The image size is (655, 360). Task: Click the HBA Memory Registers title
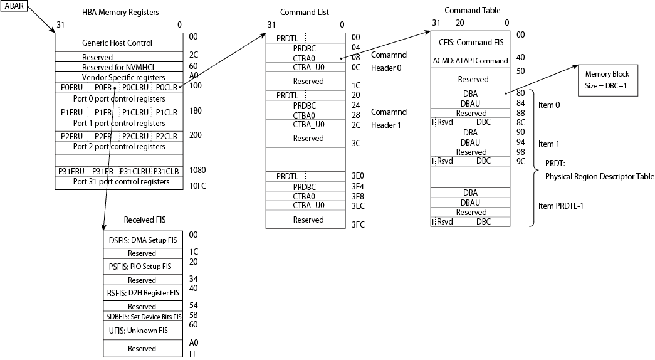[x=120, y=13]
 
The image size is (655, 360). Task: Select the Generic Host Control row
[x=117, y=43]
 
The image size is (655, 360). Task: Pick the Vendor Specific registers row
[x=117, y=77]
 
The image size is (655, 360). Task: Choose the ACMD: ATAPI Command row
[x=470, y=61]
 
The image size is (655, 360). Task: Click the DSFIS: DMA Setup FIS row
[x=142, y=240]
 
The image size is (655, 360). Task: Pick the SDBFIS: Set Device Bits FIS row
[x=142, y=316]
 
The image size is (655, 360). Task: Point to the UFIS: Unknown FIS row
[x=142, y=330]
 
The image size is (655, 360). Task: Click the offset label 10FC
[x=199, y=186]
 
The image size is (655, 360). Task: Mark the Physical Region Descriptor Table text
[x=599, y=176]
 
